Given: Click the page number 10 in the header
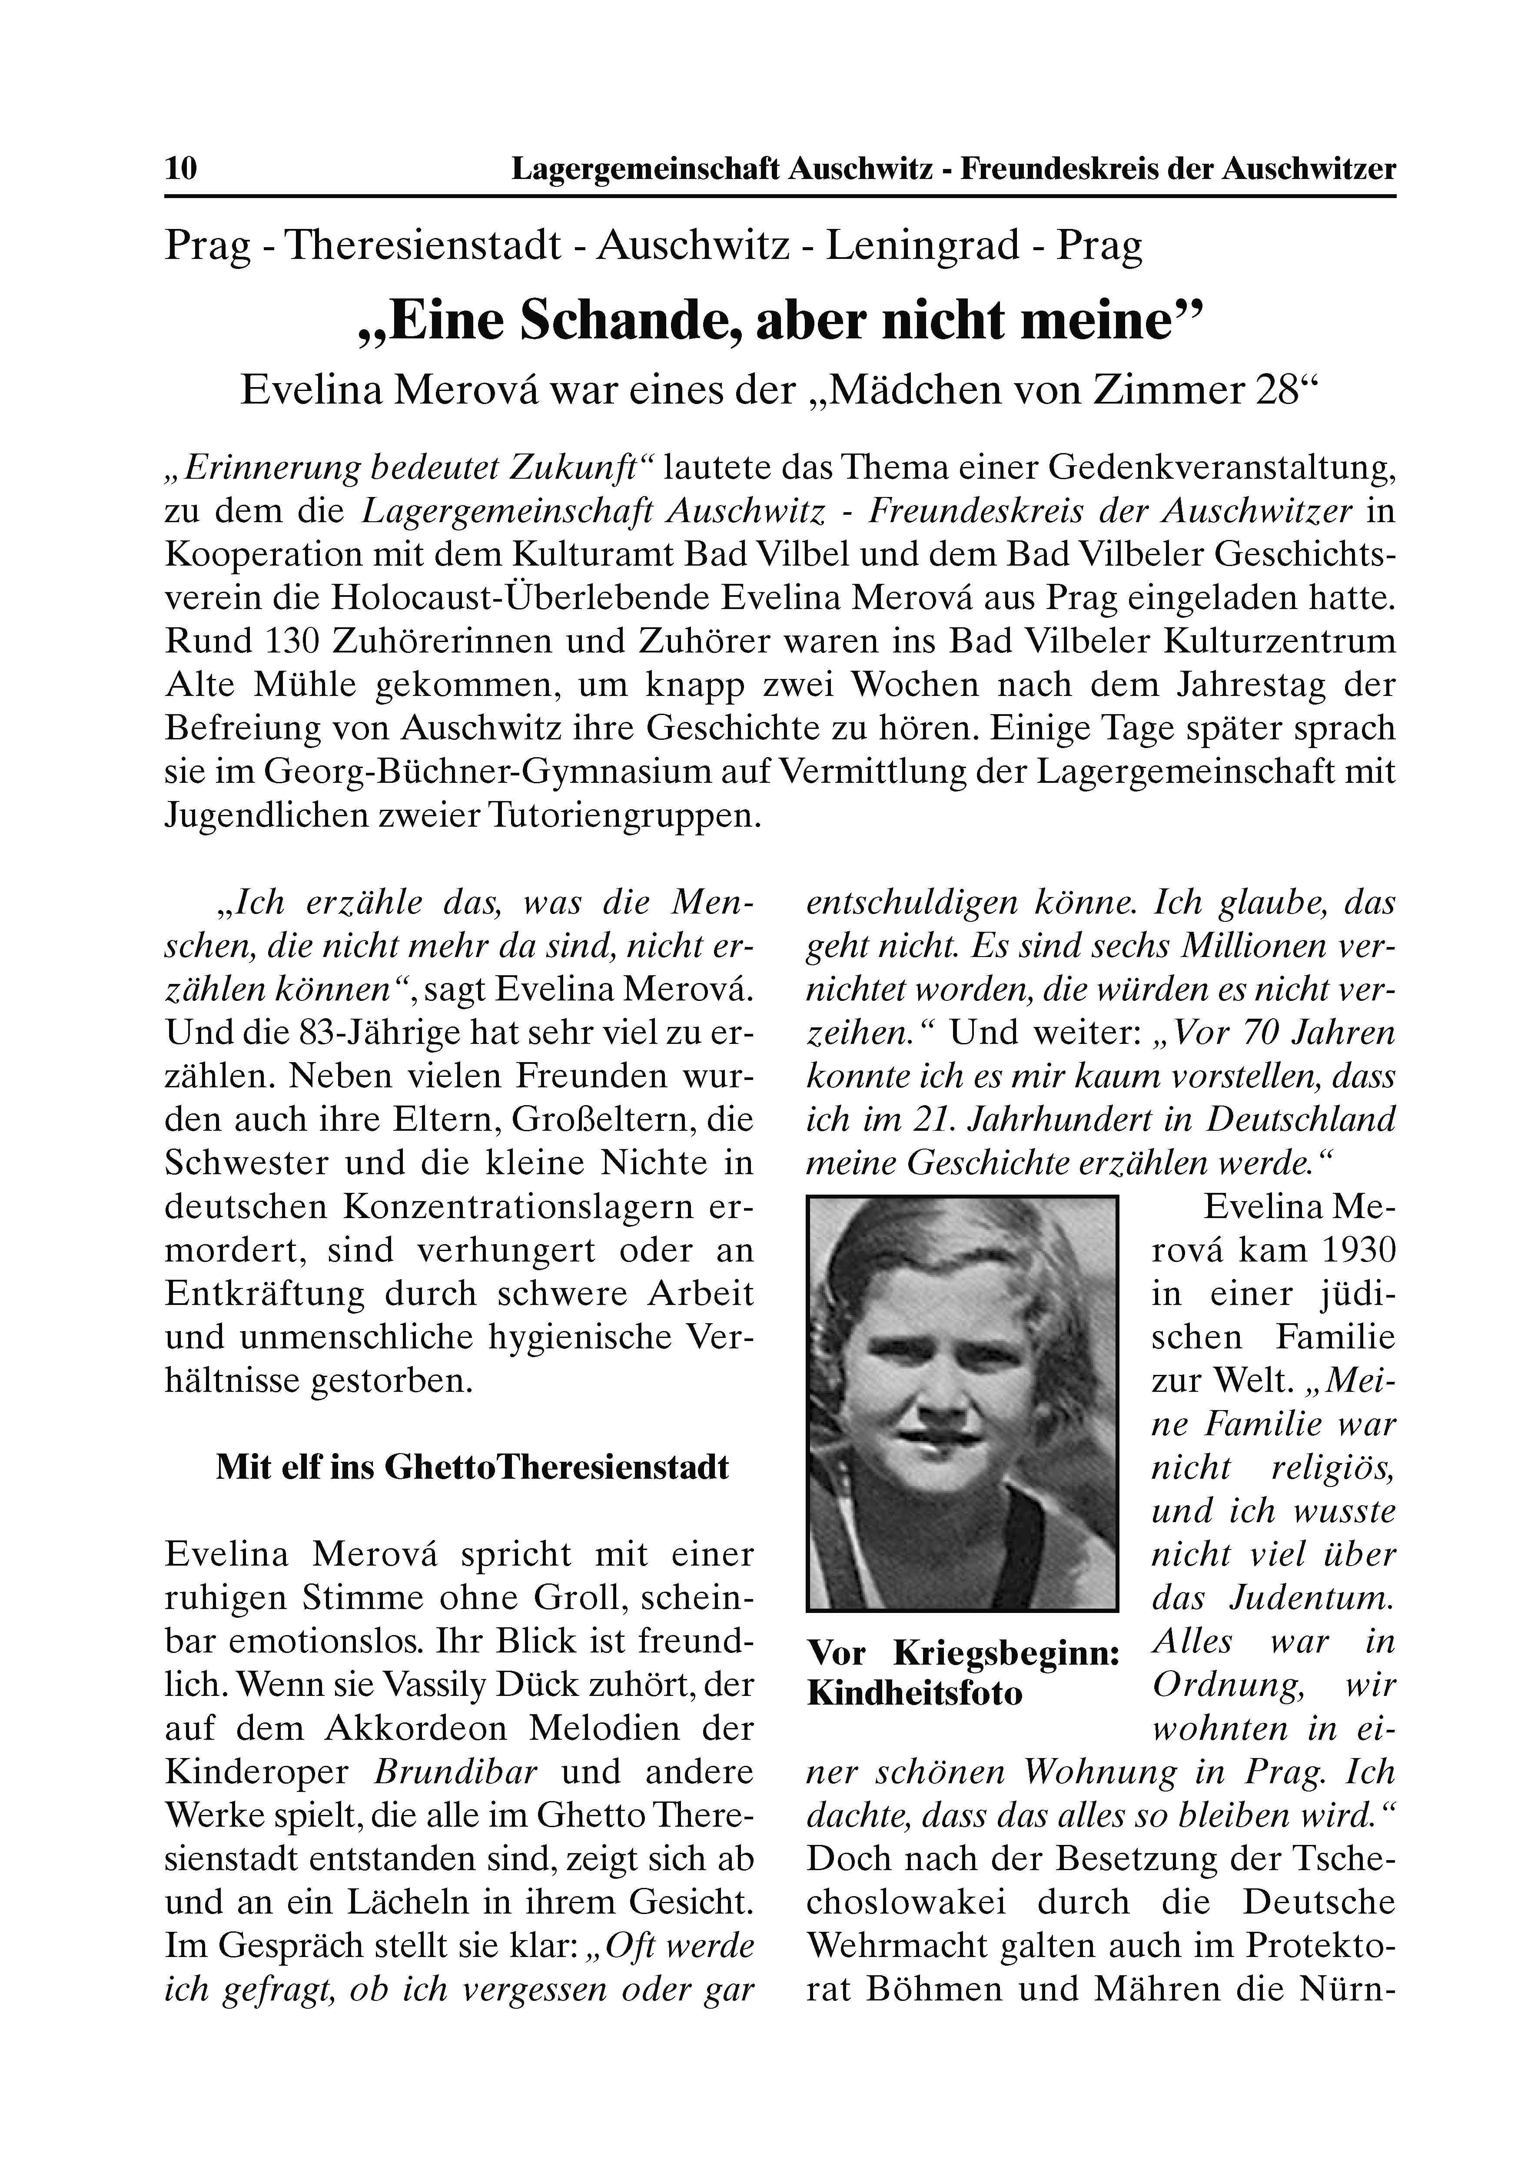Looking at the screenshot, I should click(x=181, y=169).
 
